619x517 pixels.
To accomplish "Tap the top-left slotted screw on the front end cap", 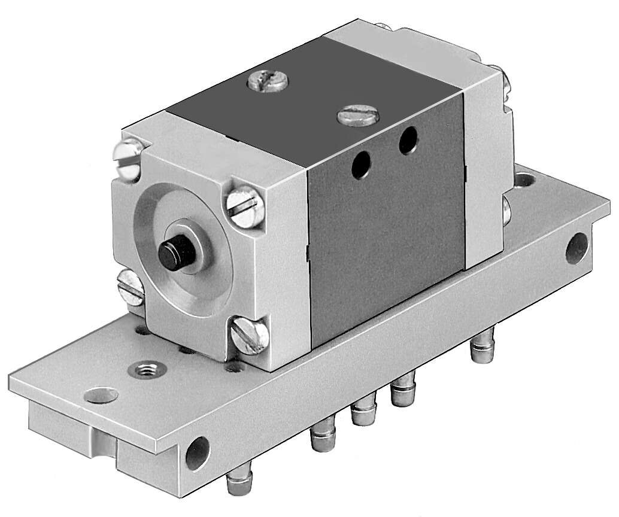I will pos(128,157).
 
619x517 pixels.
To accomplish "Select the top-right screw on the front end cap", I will pos(245,206).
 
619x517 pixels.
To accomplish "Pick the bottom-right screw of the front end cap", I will pos(248,336).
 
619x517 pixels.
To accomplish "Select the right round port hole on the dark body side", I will pos(408,140).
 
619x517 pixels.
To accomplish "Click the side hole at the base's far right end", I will pos(576,247).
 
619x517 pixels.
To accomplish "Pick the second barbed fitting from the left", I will pos(322,440).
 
